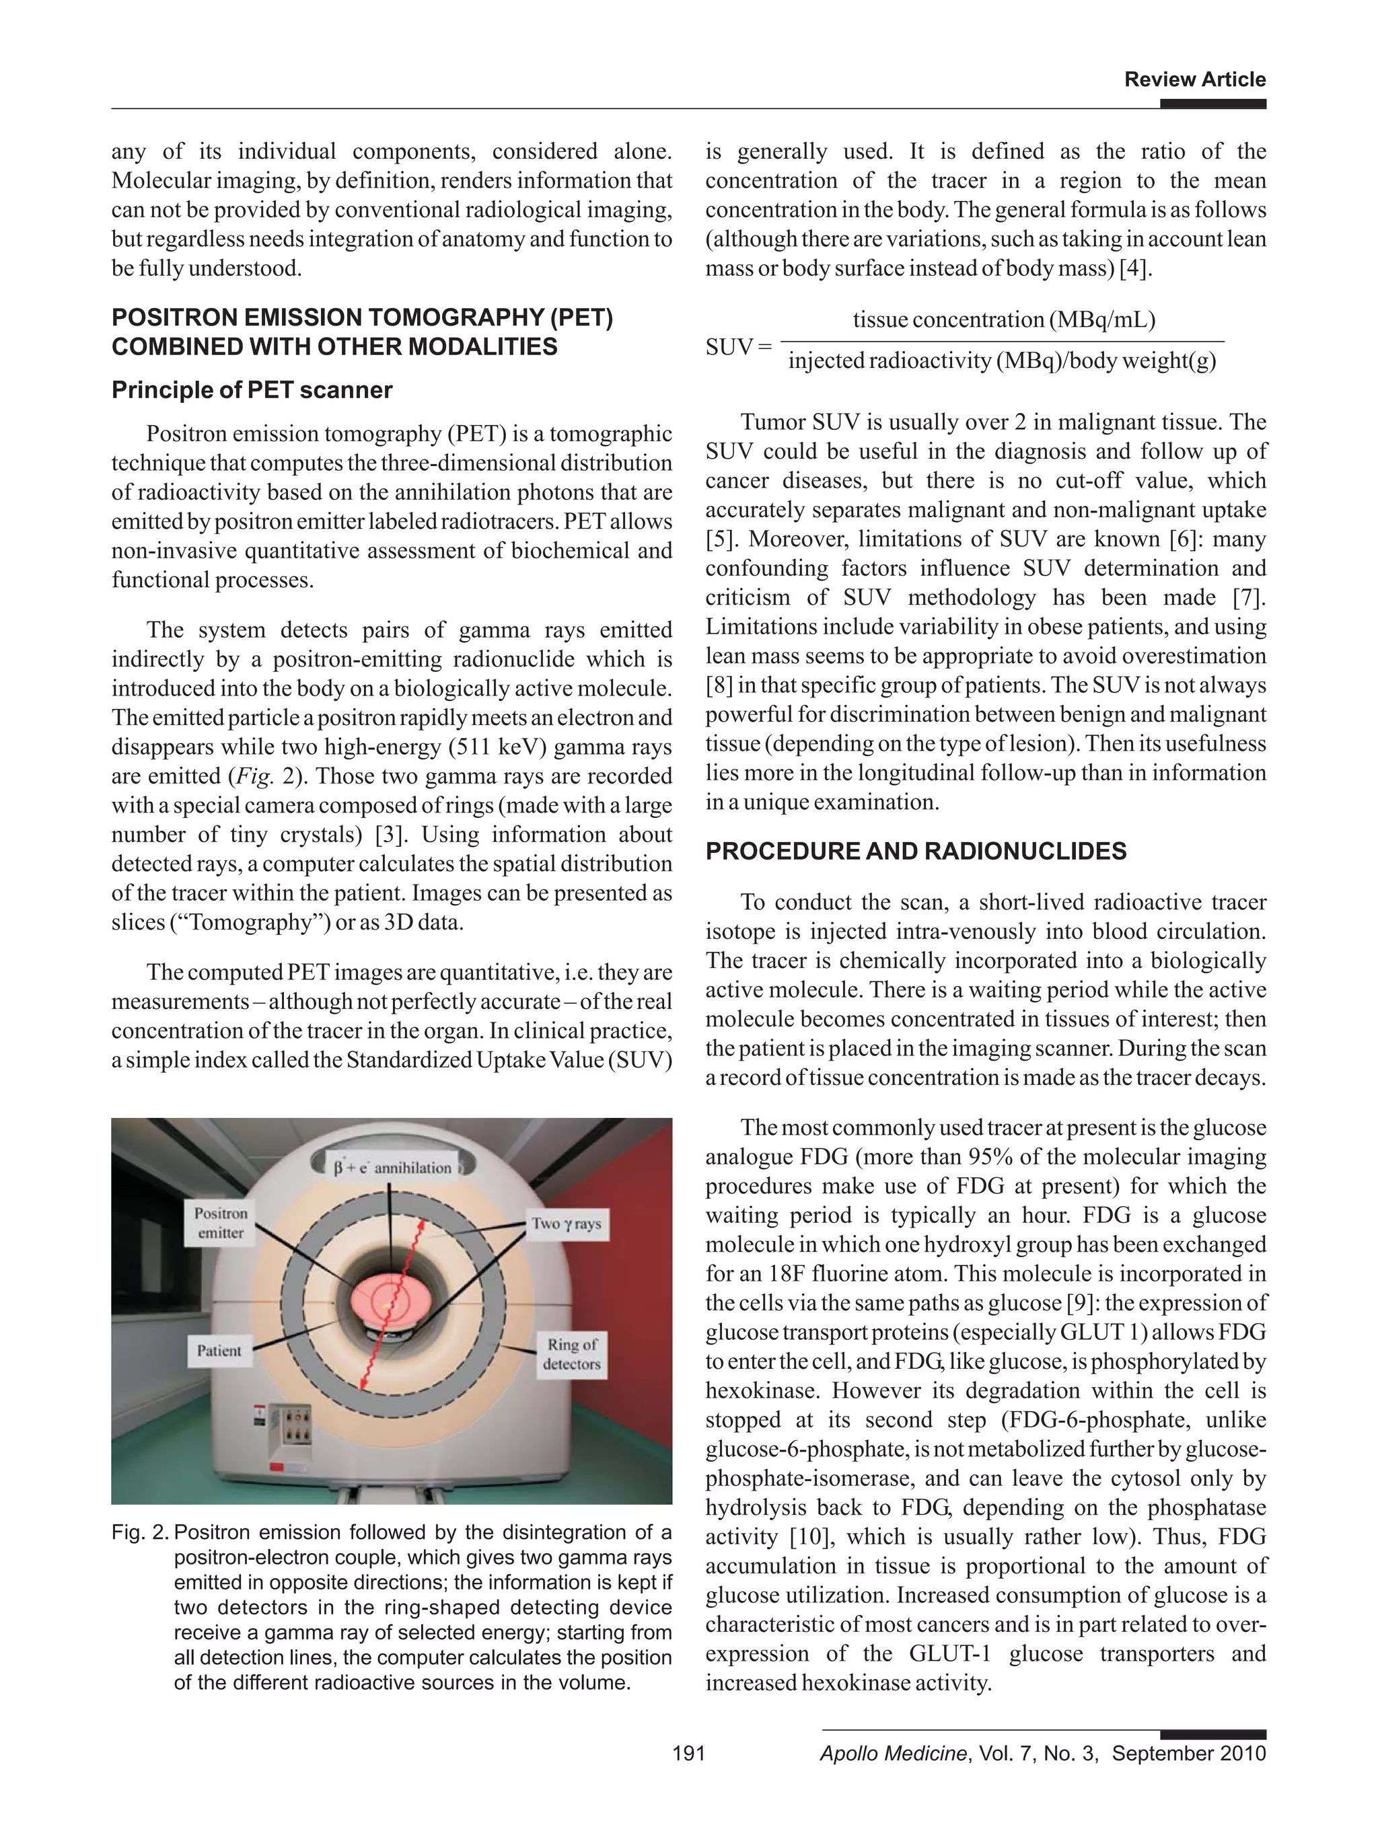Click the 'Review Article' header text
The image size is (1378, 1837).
pyautogui.click(x=1194, y=80)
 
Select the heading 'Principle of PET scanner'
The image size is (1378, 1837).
pyautogui.click(x=252, y=390)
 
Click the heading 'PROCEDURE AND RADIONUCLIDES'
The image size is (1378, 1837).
pyautogui.click(x=915, y=851)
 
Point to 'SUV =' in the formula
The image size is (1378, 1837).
pyautogui.click(x=737, y=347)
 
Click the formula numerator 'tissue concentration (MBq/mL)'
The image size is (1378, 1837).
pyautogui.click(x=1003, y=320)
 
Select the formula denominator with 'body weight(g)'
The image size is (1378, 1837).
pyautogui.click(x=1002, y=361)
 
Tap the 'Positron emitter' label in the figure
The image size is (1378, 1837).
pyautogui.click(x=221, y=1222)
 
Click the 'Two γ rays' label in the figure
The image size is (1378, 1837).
pyautogui.click(x=567, y=1224)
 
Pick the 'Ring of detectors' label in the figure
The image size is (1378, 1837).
pyautogui.click(x=571, y=1353)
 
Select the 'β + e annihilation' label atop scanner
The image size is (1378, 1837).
pyautogui.click(x=392, y=1168)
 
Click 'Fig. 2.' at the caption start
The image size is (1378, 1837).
pyautogui.click(x=139, y=1532)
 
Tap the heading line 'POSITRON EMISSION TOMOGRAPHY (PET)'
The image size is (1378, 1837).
pyautogui.click(x=362, y=317)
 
